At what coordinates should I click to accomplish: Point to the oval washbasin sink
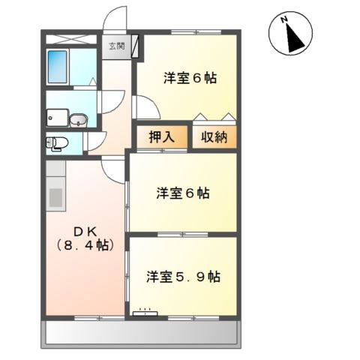coord(77,118)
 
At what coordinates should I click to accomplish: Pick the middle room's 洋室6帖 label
coord(183,193)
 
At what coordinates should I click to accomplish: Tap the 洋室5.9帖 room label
coord(183,275)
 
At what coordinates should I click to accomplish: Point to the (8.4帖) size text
coord(83,245)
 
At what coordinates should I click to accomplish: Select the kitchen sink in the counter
coord(56,198)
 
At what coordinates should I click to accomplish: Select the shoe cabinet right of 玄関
coord(135,46)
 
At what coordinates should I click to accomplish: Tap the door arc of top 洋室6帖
coord(147,107)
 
